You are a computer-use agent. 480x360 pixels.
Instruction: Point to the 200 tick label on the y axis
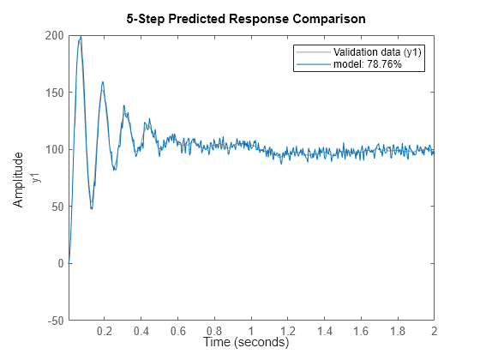tap(52, 35)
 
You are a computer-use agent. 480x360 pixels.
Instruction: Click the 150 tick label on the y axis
tap(52, 92)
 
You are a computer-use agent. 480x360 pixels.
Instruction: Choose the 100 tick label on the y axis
tap(52, 149)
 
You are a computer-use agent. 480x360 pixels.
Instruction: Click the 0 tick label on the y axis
tap(58, 263)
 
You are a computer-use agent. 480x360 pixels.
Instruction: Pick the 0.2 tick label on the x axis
tap(105, 331)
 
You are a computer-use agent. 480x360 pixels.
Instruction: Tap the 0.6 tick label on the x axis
tap(178, 331)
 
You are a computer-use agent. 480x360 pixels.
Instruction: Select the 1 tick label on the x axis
tap(251, 331)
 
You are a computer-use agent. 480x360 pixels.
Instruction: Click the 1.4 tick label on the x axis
tap(325, 331)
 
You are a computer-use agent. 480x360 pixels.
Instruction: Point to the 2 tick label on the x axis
tap(435, 331)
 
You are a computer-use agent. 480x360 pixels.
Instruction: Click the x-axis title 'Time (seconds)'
tap(246, 343)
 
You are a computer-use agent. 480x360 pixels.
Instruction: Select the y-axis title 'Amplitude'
tap(19, 178)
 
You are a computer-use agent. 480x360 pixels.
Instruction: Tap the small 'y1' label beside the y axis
tap(36, 177)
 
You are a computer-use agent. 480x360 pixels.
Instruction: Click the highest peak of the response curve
tap(81, 37)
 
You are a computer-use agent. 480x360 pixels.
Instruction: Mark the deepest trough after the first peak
tap(91, 208)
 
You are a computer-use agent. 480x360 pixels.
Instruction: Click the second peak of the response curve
tap(103, 83)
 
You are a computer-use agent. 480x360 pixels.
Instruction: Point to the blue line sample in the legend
tap(312, 64)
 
